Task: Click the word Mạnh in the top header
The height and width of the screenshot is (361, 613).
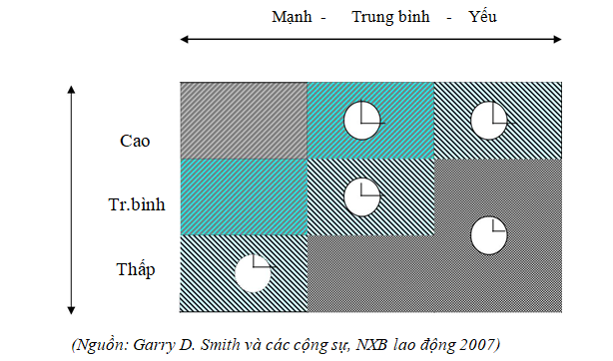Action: tap(291, 17)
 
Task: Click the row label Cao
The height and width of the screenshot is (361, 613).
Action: tap(134, 141)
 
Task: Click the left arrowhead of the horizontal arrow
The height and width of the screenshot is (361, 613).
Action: tap(184, 40)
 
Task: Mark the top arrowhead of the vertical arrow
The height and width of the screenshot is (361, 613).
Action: tap(71, 92)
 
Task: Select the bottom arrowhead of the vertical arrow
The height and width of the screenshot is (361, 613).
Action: tap(71, 308)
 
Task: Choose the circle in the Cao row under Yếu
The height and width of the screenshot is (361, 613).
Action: tap(488, 121)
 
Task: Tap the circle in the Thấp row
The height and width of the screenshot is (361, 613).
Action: tap(253, 272)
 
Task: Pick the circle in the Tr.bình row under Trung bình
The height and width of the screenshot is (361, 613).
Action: tap(362, 196)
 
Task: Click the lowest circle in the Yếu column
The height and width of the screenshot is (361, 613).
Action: tap(488, 234)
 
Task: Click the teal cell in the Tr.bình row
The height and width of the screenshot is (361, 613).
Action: tap(243, 196)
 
